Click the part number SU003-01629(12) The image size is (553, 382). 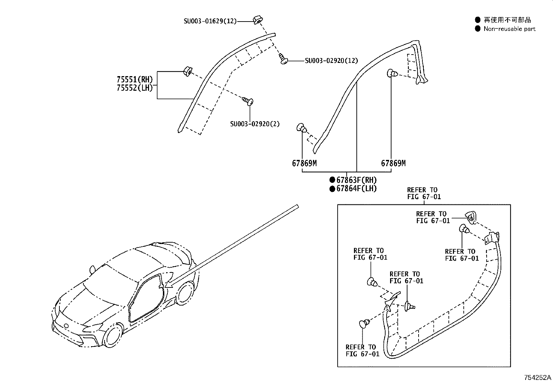coord(210,21)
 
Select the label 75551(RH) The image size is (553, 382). coord(135,80)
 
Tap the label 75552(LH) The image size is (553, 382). coord(135,88)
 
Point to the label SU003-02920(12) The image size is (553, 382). coord(331,61)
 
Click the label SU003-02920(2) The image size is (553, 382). coord(255,124)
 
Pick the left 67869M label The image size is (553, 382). coord(304,163)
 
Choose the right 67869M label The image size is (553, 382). coord(393,163)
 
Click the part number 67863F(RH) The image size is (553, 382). coord(356,180)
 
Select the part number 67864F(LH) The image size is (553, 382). coord(356,189)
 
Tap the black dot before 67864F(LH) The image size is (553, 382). coord(332,189)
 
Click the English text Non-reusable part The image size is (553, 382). coord(509,29)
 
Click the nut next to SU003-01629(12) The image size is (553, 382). coord(257,20)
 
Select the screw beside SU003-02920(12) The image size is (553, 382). coord(283,60)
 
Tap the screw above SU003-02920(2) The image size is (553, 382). coord(248,101)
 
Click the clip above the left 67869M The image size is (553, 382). coord(302,129)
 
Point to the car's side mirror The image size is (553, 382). coord(92,269)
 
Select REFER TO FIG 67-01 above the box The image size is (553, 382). coord(423,193)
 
